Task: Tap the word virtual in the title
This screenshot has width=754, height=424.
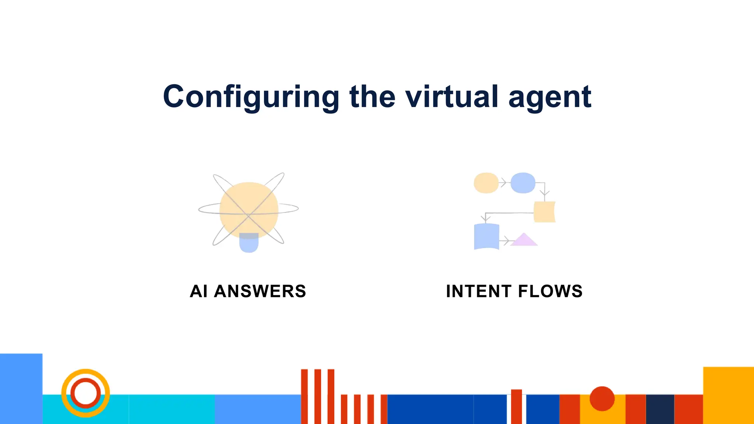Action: [452, 96]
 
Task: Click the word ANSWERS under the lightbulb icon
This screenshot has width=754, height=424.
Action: [260, 291]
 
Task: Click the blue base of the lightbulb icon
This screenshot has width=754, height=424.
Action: [249, 243]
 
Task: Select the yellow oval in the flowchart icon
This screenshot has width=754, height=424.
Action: [486, 183]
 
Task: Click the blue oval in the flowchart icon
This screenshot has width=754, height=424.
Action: [523, 183]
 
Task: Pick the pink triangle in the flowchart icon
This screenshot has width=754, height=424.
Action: [524, 240]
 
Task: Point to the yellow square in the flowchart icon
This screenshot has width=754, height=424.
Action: [544, 212]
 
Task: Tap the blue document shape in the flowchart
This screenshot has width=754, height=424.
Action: [486, 237]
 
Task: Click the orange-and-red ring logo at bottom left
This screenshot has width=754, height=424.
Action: [85, 393]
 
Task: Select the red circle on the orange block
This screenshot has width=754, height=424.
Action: [602, 399]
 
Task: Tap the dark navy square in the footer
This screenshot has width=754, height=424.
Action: [660, 409]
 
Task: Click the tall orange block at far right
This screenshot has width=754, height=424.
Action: [728, 395]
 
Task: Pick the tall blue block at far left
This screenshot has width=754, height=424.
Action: [21, 388]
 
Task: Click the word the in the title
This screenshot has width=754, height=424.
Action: [372, 96]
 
